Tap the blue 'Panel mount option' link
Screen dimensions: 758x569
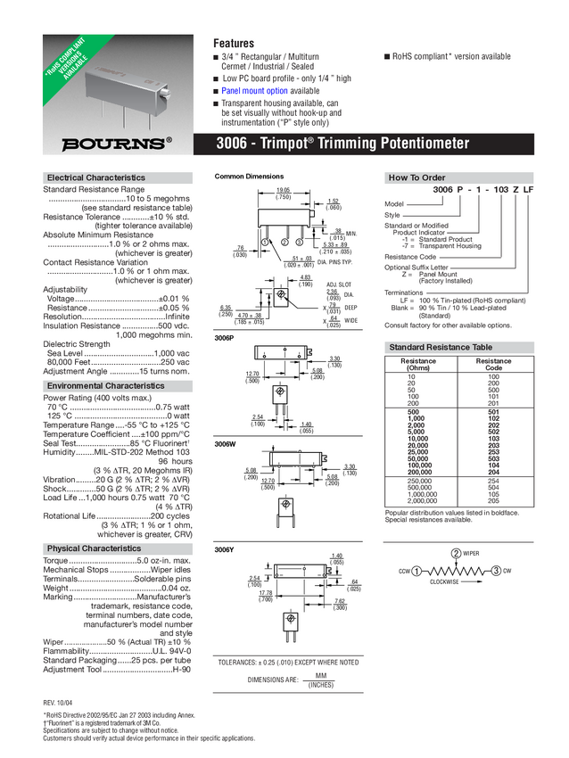click(254, 91)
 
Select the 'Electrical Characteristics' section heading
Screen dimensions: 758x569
click(95, 177)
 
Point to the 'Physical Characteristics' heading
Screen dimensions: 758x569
click(94, 548)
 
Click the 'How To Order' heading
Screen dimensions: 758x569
click(416, 177)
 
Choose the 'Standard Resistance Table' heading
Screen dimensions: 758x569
click(440, 347)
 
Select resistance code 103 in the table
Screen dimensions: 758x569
click(493, 439)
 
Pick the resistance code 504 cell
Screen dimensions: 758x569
click(493, 488)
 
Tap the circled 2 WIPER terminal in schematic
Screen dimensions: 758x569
click(456, 554)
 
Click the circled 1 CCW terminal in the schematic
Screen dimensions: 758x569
click(416, 571)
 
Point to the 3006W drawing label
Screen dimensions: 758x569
click(225, 444)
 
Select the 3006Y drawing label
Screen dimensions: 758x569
click(225, 550)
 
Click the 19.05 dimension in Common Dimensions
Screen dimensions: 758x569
click(284, 191)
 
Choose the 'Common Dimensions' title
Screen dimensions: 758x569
click(249, 177)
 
